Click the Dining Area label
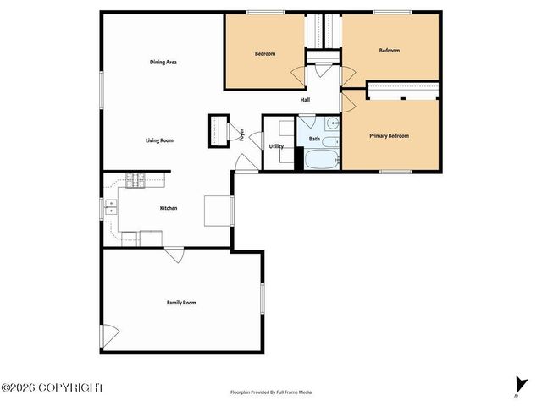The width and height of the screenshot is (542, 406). pos(163,62)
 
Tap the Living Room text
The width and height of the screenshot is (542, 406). pos(159,140)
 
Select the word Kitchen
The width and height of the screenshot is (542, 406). pos(169,207)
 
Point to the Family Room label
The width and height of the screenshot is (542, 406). pos(181,302)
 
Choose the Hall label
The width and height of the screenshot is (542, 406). pos(305,100)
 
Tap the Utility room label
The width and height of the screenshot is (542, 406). pos(276,146)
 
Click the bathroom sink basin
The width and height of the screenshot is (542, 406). pos(333,123)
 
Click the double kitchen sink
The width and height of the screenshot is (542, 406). pos(110,207)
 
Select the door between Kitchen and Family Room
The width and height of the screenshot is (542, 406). pos(174,253)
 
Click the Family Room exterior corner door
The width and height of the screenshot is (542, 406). pos(111,336)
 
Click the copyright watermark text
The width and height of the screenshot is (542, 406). pos(52,387)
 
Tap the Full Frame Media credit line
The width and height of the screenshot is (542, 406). pos(271,392)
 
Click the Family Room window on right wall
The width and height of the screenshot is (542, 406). pos(262,302)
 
